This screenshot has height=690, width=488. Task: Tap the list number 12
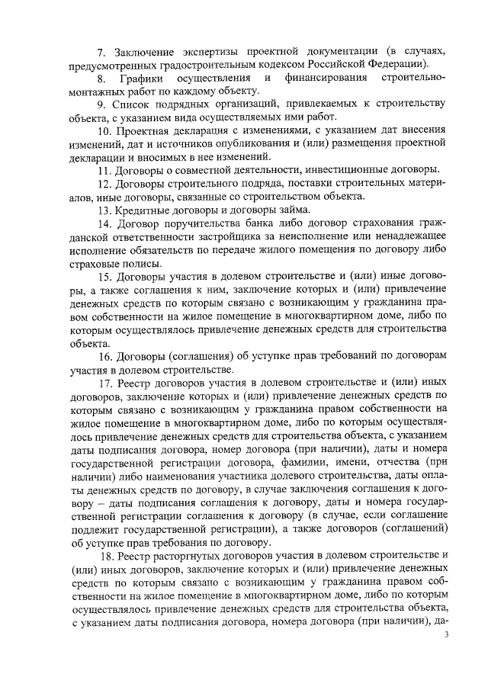(x=105, y=184)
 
